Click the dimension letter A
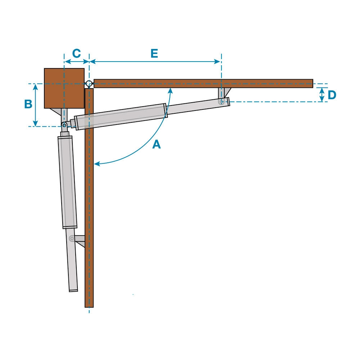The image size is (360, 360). pyautogui.click(x=156, y=145)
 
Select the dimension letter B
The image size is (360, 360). pyautogui.click(x=28, y=104)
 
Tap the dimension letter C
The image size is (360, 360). pyautogui.click(x=76, y=54)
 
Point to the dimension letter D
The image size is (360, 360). pyautogui.click(x=332, y=95)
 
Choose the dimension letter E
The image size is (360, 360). pyautogui.click(x=154, y=54)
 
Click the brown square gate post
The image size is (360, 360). pyautogui.click(x=64, y=88)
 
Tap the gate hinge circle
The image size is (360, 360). pyautogui.click(x=89, y=84)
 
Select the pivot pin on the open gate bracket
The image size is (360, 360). pyautogui.click(x=222, y=102)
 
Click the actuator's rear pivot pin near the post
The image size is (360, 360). pyautogui.click(x=64, y=125)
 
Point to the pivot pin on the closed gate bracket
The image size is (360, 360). pyautogui.click(x=72, y=238)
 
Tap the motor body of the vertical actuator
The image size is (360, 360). pyautogui.click(x=68, y=182)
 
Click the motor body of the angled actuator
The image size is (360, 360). pyautogui.click(x=121, y=117)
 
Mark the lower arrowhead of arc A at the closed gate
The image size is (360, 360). pyautogui.click(x=96, y=164)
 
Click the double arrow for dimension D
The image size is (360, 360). pyautogui.click(x=322, y=95)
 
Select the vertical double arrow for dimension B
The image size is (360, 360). pyautogui.click(x=35, y=105)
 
